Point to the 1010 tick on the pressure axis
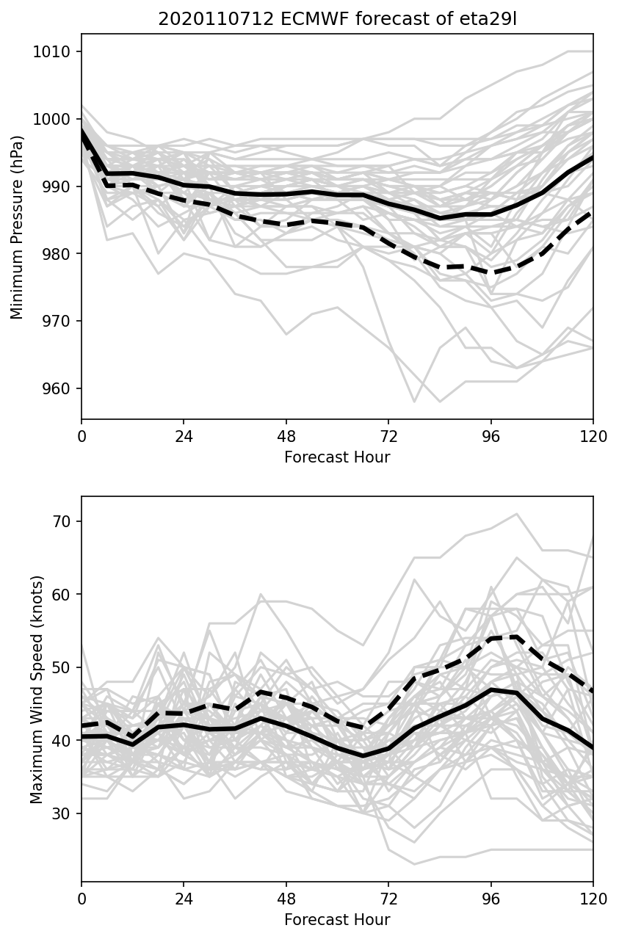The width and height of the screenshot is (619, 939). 56,51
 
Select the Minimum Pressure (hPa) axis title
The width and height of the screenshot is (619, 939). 18,227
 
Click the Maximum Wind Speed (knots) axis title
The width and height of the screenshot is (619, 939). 37,689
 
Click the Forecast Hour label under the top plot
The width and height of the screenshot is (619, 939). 337,457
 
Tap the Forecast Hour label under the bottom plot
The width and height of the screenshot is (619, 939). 337,920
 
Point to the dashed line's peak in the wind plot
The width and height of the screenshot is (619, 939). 517,637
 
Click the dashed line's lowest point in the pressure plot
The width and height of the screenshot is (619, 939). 491,272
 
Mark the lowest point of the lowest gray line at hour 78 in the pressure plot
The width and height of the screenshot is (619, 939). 414,402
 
